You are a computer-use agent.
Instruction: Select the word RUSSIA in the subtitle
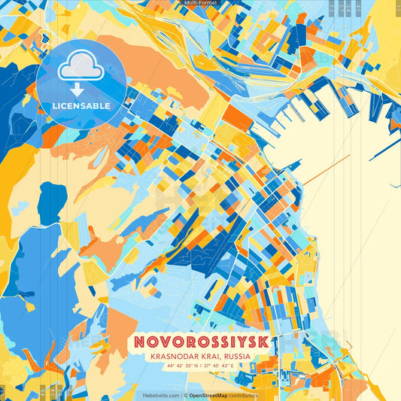234,358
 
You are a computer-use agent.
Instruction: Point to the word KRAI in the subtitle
210,358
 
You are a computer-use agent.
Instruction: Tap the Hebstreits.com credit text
161,395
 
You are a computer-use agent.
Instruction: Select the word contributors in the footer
242,395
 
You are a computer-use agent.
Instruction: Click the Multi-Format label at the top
200,3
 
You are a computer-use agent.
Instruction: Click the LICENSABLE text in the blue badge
81,106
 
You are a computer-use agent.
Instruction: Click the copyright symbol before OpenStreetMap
186,395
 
